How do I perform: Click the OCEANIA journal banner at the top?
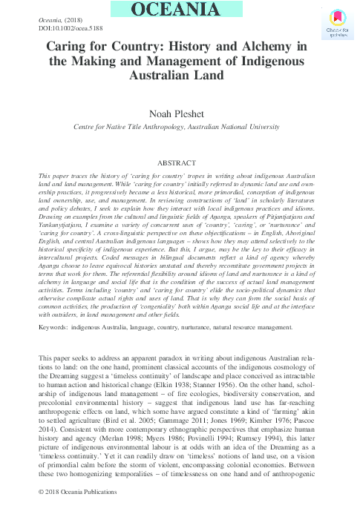coord(180,10)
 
